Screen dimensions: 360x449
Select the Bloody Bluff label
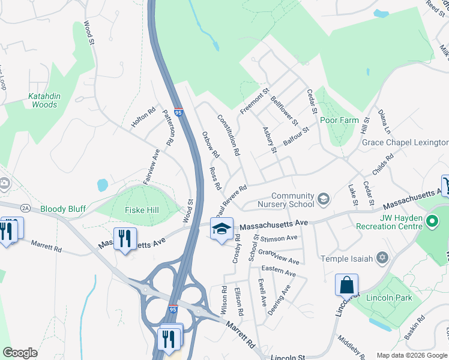63,209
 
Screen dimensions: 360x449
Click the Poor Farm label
339,120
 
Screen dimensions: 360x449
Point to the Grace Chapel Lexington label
405,142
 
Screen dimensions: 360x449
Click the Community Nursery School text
293,200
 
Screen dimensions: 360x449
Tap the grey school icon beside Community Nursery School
324,199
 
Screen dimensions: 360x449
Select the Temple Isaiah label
346,259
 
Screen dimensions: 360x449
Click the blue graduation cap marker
221,229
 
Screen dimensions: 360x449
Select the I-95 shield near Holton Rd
178,112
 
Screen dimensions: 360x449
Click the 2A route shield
25,208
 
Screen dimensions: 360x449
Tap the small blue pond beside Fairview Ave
102,184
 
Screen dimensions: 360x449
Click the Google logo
20,353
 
